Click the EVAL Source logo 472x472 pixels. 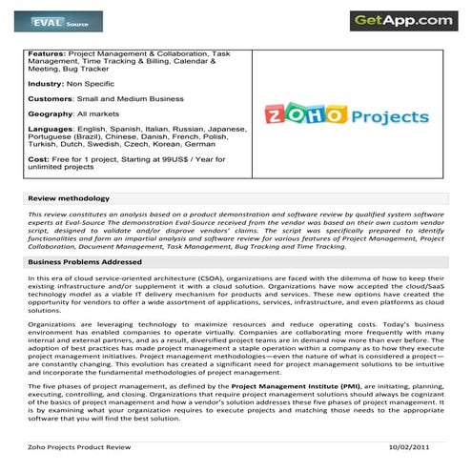coord(60,20)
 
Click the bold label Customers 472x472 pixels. coord(52,98)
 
